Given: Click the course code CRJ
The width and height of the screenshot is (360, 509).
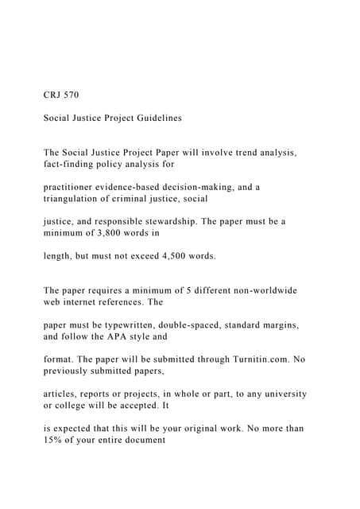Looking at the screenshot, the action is point(53,95).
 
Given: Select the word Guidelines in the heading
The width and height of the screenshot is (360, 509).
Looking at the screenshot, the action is point(157,118).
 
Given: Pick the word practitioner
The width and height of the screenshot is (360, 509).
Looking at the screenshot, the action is point(72,187).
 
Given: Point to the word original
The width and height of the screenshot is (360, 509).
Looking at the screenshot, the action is point(195,428).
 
